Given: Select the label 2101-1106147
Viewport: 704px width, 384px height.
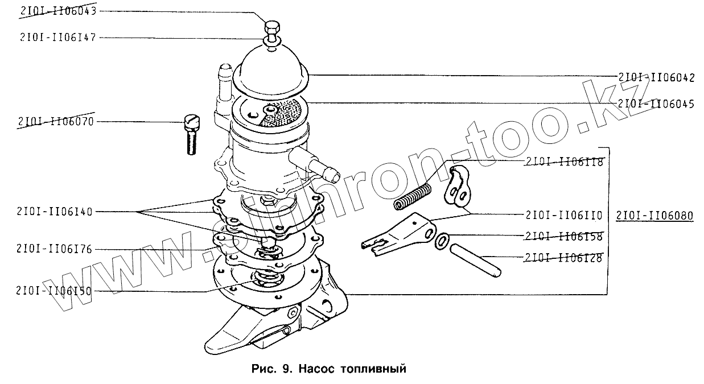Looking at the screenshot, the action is (x=50, y=38).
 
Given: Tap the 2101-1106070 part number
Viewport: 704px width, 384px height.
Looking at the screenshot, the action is (x=56, y=122).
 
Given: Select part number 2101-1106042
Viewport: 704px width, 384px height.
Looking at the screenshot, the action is (x=656, y=79).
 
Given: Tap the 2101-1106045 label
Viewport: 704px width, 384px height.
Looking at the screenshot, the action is (x=656, y=104).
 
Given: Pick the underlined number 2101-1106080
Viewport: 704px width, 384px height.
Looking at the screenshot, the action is (x=654, y=216).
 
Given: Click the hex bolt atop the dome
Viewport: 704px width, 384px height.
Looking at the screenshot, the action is (x=272, y=27).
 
